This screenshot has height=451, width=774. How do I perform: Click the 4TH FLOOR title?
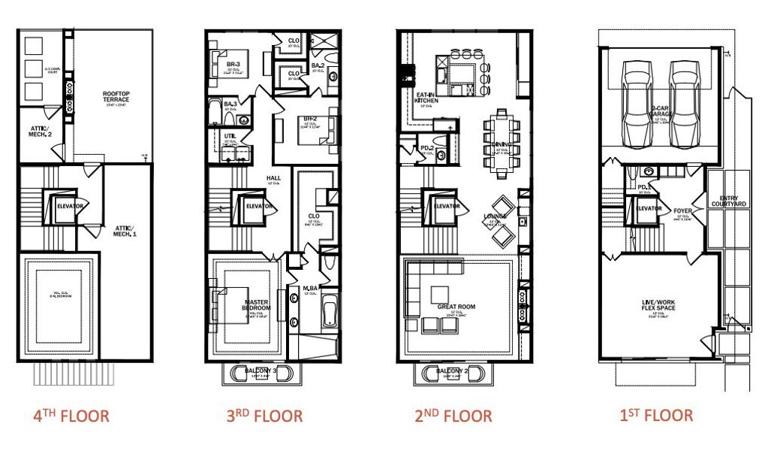71,416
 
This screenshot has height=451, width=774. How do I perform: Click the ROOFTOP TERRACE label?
116,97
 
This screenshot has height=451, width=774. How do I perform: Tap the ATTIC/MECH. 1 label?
125,229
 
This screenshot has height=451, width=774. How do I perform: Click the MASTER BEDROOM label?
256,306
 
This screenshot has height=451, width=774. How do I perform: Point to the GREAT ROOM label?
456,307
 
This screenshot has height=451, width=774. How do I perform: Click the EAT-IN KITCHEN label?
427,98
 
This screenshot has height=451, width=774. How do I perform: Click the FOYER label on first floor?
682,211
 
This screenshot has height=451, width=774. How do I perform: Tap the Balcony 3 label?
260,370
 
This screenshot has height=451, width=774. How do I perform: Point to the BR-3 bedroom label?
233,65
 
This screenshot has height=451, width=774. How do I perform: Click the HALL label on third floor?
273,178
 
